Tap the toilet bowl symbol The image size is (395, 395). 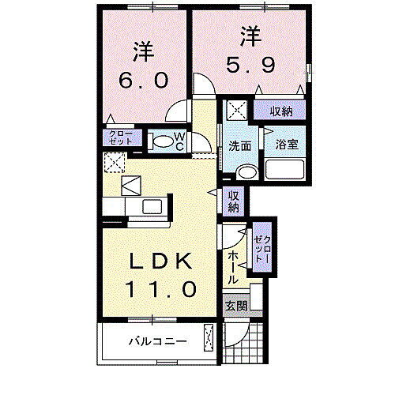pos(160,141)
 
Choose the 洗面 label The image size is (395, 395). pos(239,146)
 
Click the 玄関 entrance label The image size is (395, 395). pos(235,306)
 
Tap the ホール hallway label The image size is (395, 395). pos(233,266)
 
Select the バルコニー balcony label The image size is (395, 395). pos(158,343)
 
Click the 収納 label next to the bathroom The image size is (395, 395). pos(281,111)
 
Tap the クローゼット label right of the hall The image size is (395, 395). pos(263,250)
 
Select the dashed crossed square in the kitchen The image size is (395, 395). pos(114,163)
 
